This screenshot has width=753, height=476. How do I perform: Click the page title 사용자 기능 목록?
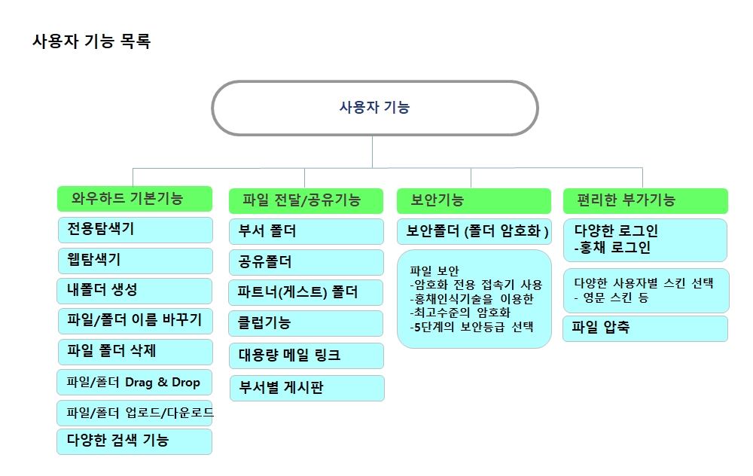point(91,41)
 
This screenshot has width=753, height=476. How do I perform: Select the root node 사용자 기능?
point(374,108)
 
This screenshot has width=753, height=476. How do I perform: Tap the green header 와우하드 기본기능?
point(135,198)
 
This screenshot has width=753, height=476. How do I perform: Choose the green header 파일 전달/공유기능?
point(306,201)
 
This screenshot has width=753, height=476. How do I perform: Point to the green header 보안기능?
point(474,201)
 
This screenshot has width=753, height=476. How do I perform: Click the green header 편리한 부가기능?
point(645,201)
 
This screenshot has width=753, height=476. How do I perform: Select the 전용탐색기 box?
point(135,230)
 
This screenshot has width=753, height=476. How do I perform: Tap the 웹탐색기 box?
point(135,261)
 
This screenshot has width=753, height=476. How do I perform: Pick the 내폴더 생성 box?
point(135,291)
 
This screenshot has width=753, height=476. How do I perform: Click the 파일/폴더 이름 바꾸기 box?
point(135,322)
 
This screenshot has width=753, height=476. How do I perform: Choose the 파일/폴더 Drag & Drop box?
point(135,383)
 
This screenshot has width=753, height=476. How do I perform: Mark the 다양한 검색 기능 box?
point(135,441)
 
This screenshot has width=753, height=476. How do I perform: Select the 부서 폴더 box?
point(306,231)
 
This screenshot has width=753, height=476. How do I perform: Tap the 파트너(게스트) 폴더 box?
point(306,292)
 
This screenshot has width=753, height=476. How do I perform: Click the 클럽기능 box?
point(306,323)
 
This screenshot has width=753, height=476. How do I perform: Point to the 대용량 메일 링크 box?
point(306,356)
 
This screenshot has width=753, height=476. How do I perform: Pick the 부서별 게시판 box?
point(307,388)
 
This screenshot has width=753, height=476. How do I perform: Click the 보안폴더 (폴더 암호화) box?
point(474,231)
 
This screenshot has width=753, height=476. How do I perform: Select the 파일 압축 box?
point(645,328)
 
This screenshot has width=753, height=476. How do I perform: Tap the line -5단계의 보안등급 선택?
point(471,327)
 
